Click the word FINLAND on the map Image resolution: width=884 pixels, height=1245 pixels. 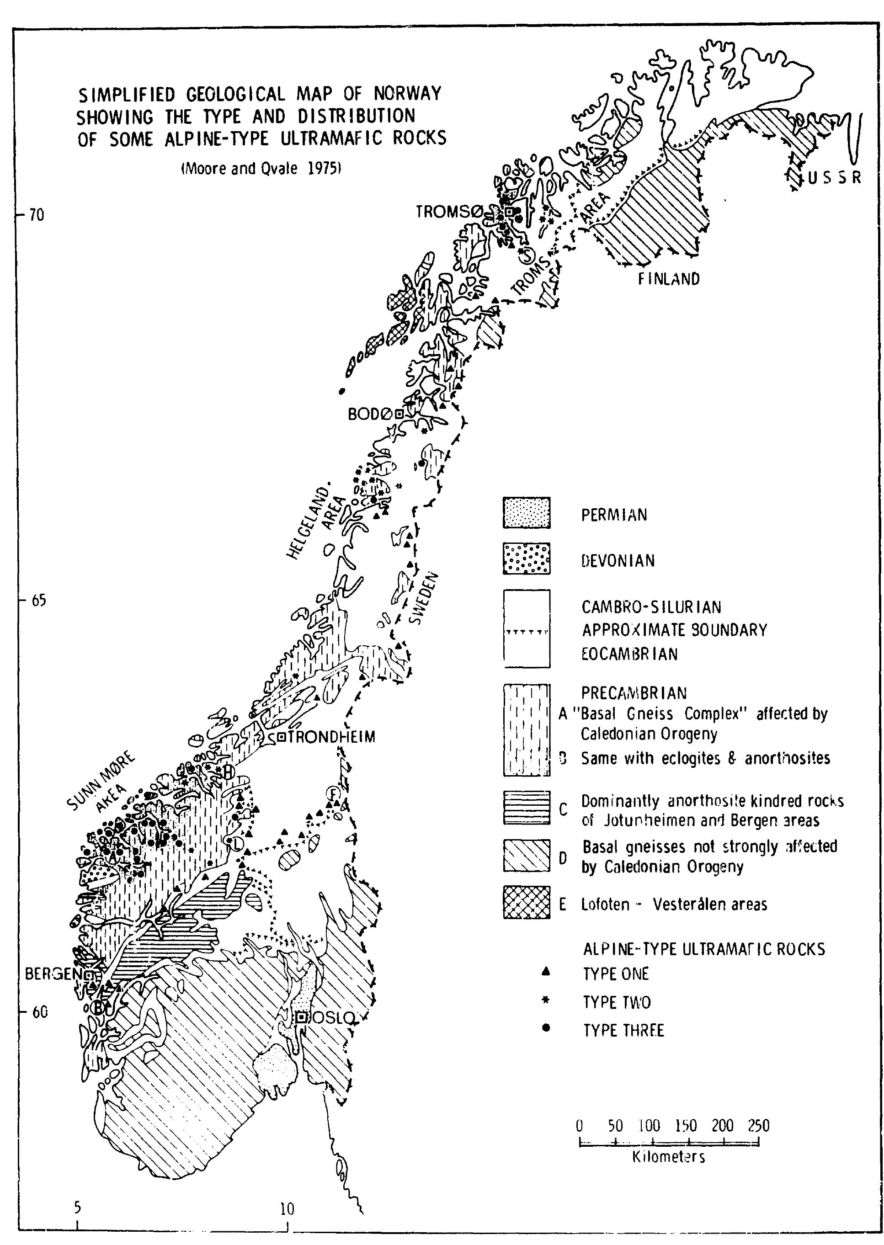pyautogui.click(x=669, y=279)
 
